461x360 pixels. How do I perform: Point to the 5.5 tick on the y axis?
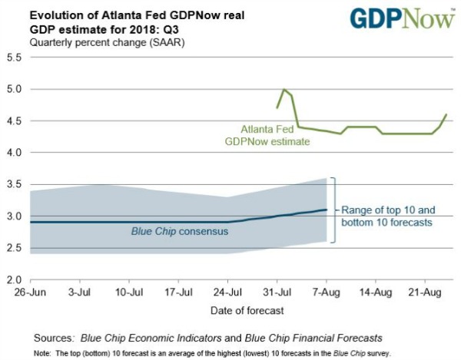point(15,58)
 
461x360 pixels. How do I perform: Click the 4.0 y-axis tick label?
point(15,152)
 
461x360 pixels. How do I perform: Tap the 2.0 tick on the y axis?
point(15,279)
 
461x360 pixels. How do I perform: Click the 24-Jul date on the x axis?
point(228,292)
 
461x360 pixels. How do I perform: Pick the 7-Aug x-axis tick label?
point(323,292)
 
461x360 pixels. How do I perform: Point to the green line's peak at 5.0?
point(285,90)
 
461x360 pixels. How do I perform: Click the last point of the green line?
point(446,114)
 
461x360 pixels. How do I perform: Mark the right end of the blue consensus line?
point(327,209)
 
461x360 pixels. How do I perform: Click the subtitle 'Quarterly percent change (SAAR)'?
point(101,41)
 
